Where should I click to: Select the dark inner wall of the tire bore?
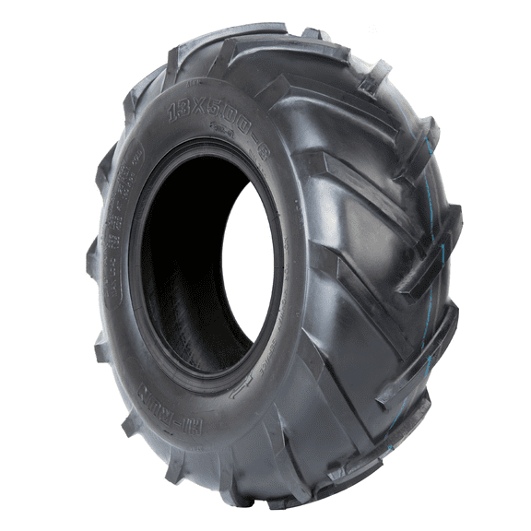pos(180,267)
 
